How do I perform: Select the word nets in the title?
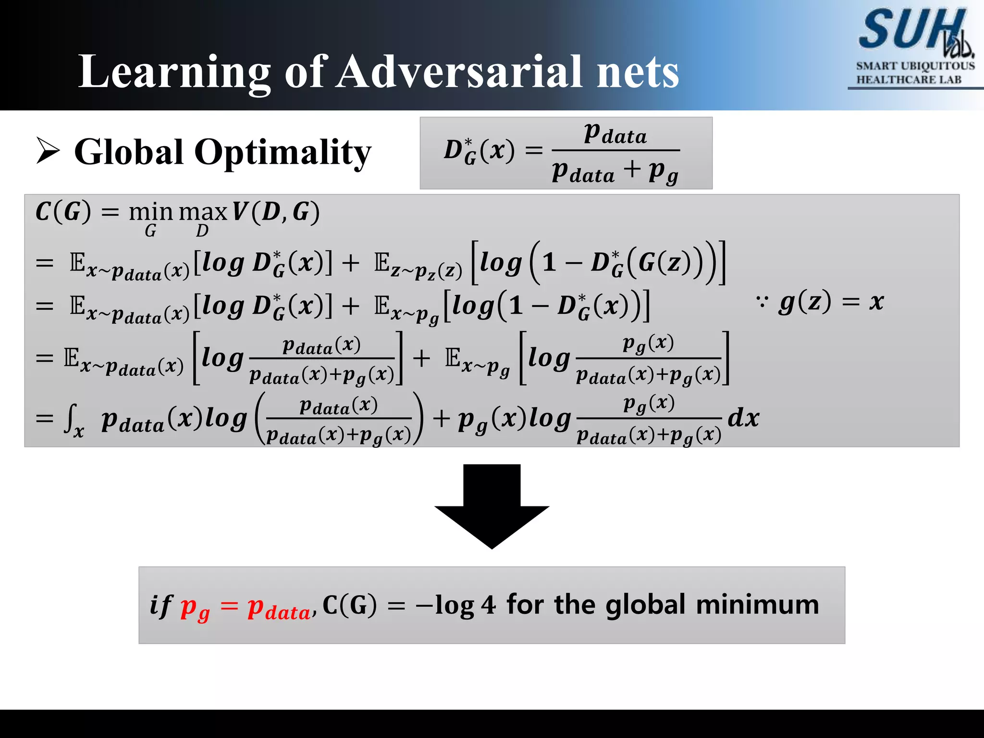638,72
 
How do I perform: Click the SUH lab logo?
915,31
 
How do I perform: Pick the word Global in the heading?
129,152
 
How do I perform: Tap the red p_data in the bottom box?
279,608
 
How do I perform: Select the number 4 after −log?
488,605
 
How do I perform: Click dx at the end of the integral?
743,418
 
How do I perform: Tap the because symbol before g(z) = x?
762,302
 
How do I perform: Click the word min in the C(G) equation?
150,212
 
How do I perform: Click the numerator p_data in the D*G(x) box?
615,133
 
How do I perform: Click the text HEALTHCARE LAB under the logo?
909,80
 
